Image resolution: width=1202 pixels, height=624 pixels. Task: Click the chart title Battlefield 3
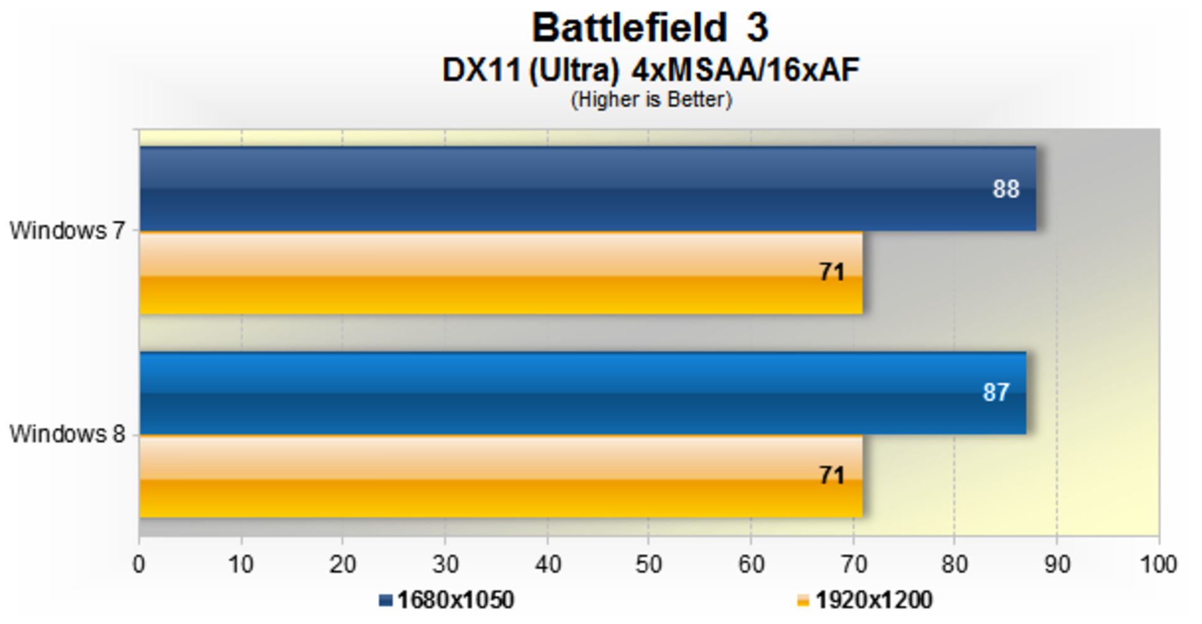[x=650, y=29]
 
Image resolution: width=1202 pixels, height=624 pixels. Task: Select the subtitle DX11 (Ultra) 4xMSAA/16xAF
[x=650, y=70]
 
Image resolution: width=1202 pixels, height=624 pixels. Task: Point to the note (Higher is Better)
[x=651, y=100]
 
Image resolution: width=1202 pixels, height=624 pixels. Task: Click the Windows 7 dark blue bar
[x=563, y=188]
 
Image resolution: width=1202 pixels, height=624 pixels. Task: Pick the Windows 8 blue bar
[x=563, y=393]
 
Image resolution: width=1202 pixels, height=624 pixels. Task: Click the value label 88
[x=1005, y=189]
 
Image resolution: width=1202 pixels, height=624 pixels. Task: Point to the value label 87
[x=995, y=393]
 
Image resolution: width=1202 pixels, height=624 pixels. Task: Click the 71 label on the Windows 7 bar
[x=832, y=273]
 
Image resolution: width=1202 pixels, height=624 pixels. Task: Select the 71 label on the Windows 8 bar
[x=832, y=476]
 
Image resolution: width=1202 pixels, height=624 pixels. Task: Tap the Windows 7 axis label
[x=67, y=231]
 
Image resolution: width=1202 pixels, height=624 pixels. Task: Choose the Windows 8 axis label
[x=67, y=434]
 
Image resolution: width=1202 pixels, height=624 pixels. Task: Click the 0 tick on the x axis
[x=139, y=565]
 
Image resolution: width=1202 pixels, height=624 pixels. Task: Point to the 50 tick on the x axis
[x=649, y=565]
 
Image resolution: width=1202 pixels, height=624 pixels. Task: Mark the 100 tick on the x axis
[x=1158, y=565]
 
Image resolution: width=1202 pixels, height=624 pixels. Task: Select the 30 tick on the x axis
[x=445, y=565]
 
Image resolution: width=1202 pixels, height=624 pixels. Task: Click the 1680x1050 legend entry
[x=447, y=600]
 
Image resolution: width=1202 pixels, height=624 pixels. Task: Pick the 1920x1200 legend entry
[x=865, y=600]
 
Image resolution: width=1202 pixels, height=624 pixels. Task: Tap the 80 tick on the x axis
[x=954, y=565]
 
